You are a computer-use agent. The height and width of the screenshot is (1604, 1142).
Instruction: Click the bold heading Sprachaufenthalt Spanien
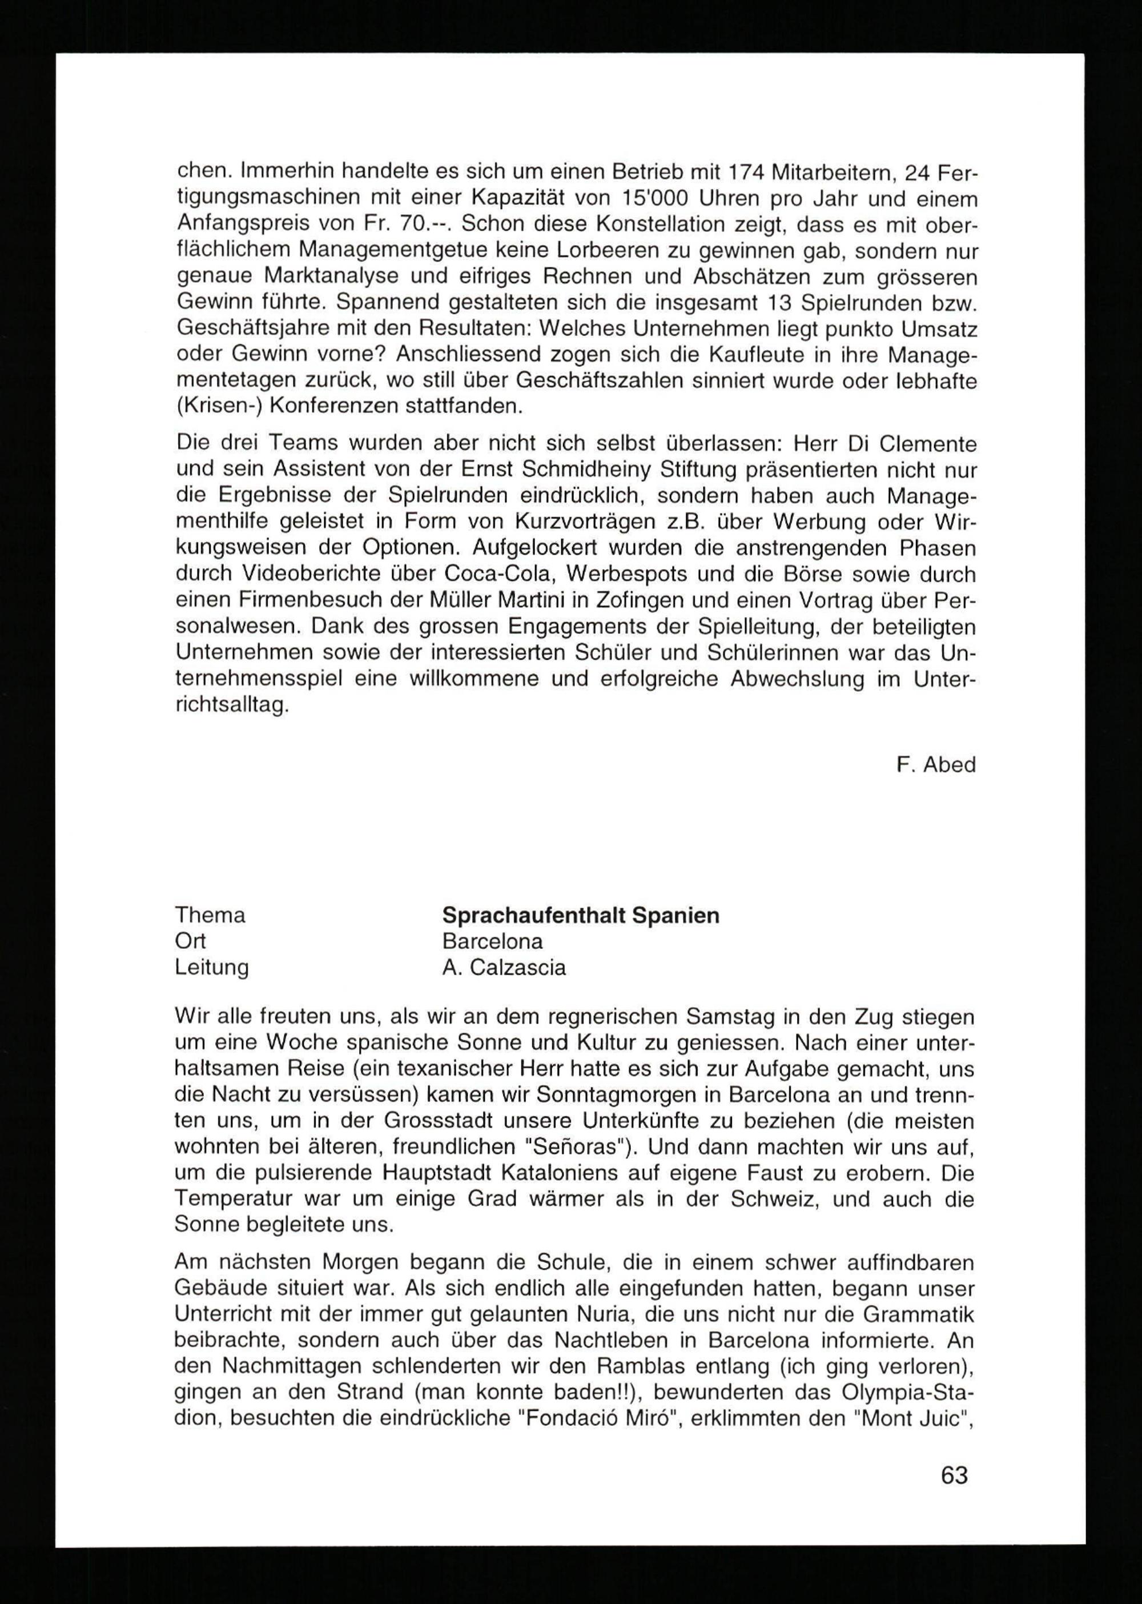580,915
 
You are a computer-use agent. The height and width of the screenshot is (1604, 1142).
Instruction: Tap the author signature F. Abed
936,765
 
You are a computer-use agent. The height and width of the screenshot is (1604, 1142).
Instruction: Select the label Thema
210,915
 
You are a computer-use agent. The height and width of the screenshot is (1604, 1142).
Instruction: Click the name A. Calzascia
504,968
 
